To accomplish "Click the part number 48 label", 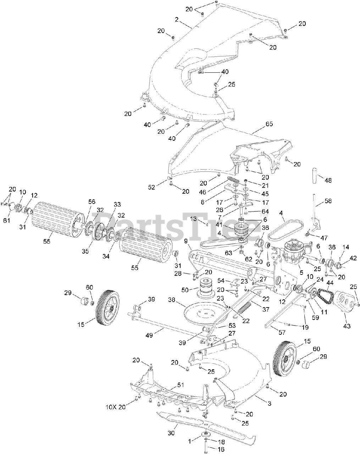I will tap(328, 180).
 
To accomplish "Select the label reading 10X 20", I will tap(115, 407).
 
